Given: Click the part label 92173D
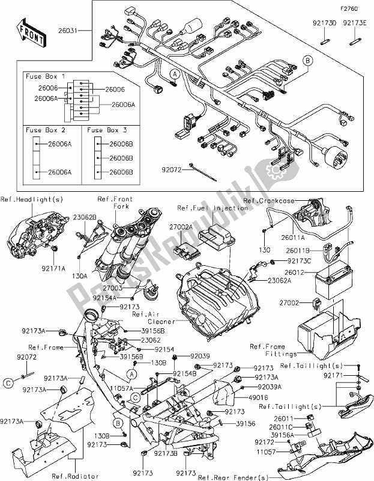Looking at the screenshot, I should [324, 24].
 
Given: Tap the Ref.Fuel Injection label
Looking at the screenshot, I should [212, 207].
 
